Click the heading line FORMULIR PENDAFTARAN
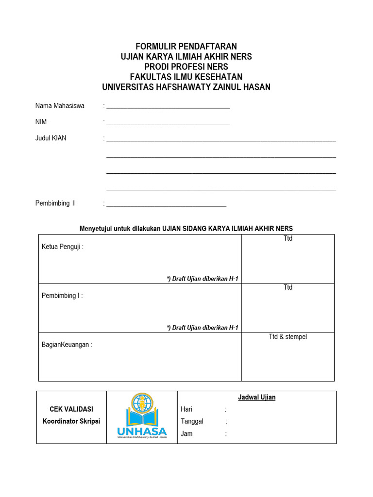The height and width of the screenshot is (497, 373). (x=186, y=47)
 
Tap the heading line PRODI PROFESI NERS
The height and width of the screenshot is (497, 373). (x=186, y=67)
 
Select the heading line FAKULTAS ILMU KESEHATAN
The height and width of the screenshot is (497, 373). (x=186, y=77)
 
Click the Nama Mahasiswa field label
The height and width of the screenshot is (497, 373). (x=60, y=106)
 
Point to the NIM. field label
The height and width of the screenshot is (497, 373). (x=42, y=122)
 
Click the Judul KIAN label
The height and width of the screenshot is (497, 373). (x=51, y=138)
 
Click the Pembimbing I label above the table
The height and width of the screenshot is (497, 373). (x=55, y=203)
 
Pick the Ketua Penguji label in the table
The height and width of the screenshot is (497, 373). (x=63, y=247)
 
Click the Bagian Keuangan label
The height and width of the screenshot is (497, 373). (x=67, y=345)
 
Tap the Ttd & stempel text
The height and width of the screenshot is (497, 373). (x=288, y=337)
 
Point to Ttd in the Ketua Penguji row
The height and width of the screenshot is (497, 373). (x=288, y=239)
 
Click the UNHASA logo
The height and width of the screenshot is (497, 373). (x=142, y=416)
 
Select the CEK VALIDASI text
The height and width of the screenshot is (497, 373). (x=71, y=409)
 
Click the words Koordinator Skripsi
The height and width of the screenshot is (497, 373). (x=71, y=421)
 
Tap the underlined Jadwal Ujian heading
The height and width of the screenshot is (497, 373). (x=257, y=398)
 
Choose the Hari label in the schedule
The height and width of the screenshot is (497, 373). (x=187, y=410)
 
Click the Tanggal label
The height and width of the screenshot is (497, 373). (x=192, y=421)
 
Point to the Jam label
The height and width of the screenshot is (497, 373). (x=186, y=433)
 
